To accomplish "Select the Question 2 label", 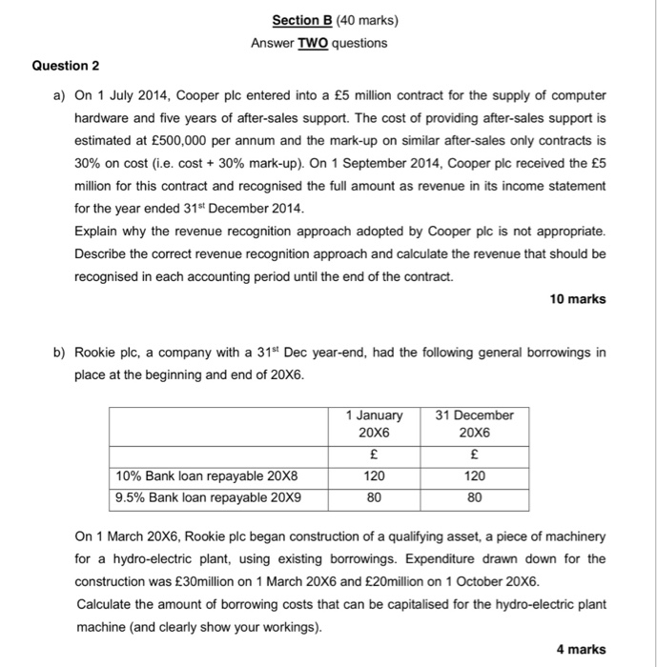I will tap(66, 66).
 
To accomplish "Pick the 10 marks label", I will tap(578, 299).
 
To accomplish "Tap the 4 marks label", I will tap(581, 649).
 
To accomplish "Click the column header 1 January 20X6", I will tap(374, 423).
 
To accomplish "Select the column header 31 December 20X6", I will tap(474, 423).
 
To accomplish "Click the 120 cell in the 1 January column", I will tap(374, 476).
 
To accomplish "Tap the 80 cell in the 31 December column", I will tap(474, 497).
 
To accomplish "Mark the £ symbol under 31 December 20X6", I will tap(474, 455).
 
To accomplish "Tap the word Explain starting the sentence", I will tap(97, 232).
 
